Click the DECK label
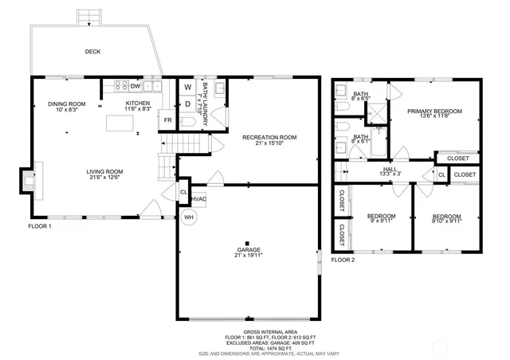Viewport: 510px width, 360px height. [x=92, y=53]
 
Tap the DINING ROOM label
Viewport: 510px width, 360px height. [x=66, y=104]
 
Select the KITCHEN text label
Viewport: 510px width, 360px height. [x=138, y=104]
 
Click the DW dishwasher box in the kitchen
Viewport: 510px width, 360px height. [x=135, y=85]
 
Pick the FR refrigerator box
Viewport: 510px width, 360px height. [x=168, y=120]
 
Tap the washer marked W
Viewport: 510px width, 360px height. [x=188, y=87]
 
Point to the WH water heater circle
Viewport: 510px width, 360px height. [x=189, y=216]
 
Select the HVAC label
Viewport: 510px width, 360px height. [x=198, y=199]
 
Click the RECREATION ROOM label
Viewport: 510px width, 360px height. [x=269, y=138]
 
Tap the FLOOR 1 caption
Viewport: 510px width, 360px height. [x=39, y=226]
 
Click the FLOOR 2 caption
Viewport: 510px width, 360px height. [x=343, y=260]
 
